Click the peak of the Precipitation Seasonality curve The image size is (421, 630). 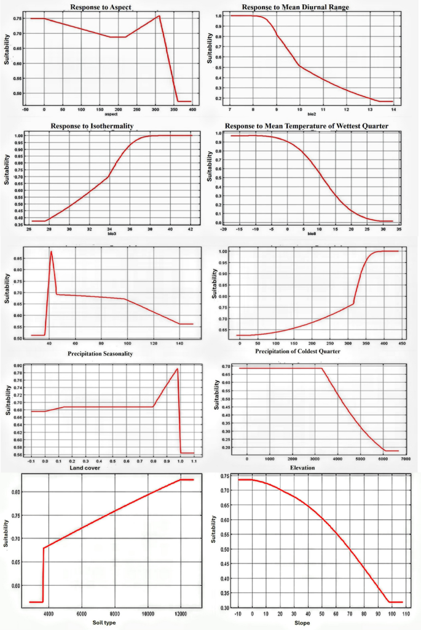pyautogui.click(x=51, y=252)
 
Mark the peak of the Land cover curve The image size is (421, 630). pyautogui.click(x=177, y=369)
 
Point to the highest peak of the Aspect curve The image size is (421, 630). pyautogui.click(x=159, y=16)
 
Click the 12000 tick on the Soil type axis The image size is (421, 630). pyautogui.click(x=181, y=613)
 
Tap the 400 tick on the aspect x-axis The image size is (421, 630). pyautogui.click(x=192, y=110)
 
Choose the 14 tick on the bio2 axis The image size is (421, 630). pyautogui.click(x=393, y=109)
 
